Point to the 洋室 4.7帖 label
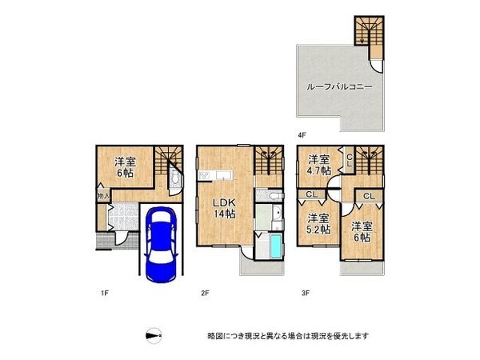tap(320, 164)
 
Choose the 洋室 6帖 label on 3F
tap(361, 231)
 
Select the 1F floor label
tap(104, 294)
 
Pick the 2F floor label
tap(205, 294)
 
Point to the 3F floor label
tap(306, 294)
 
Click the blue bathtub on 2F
tap(274, 246)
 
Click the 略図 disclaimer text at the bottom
tap(288, 336)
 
